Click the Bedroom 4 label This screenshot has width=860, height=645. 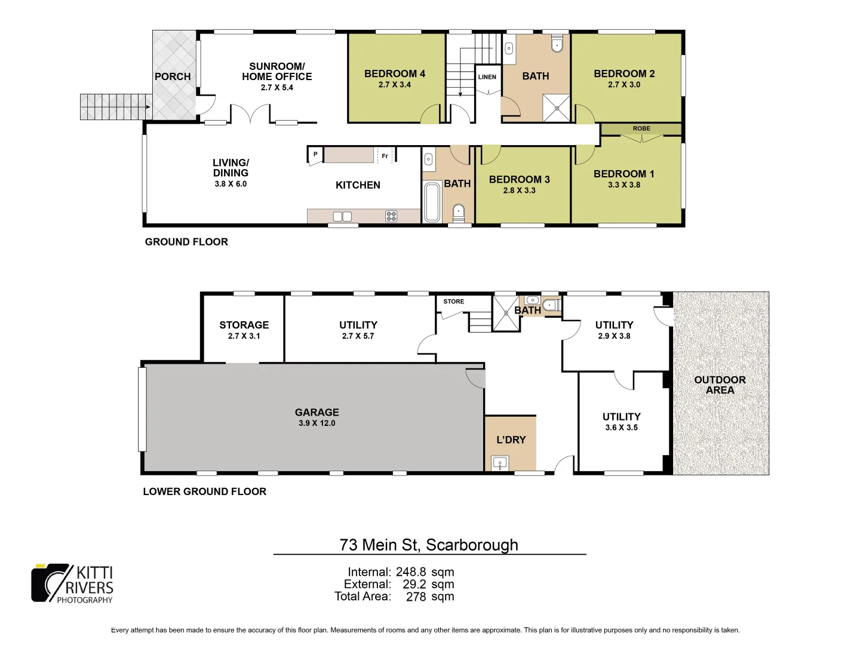click(x=395, y=73)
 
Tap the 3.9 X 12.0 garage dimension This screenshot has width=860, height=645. click(x=317, y=423)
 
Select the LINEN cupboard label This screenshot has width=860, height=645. click(x=487, y=77)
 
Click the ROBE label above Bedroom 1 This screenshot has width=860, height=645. click(x=641, y=128)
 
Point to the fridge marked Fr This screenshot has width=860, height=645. click(x=385, y=156)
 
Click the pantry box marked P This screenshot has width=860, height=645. click(x=315, y=155)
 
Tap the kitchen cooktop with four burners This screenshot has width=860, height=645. click(x=391, y=216)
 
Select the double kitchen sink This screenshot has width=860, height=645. click(x=342, y=216)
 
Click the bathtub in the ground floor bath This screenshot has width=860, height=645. click(x=431, y=202)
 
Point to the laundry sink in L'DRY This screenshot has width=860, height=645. click(x=500, y=463)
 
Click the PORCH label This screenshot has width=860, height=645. click(x=173, y=76)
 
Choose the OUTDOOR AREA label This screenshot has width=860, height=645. click(x=720, y=385)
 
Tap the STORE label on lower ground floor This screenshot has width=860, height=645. click(x=453, y=302)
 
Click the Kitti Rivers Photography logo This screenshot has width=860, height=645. click(x=72, y=583)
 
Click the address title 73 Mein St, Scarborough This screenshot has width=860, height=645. click(x=429, y=545)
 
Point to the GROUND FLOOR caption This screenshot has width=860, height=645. click(x=186, y=242)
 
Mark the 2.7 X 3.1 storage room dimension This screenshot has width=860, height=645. click(x=244, y=336)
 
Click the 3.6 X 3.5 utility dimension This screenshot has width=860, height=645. click(x=621, y=428)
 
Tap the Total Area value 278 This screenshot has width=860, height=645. click(x=416, y=597)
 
